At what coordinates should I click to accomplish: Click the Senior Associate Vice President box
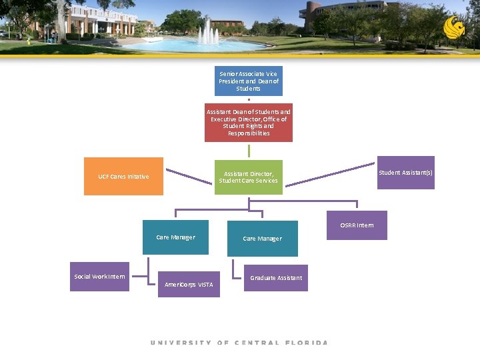point(248,81)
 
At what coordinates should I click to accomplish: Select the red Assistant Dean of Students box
point(248,122)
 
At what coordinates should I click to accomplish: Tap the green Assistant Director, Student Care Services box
point(248,177)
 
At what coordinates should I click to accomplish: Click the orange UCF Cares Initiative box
point(123,176)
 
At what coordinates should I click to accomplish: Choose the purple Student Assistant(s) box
point(405,173)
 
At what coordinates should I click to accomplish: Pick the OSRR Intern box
point(357,225)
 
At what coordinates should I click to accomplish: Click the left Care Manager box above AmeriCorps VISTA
point(175,237)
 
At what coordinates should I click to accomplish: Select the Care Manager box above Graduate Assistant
point(262,239)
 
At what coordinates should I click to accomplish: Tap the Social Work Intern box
point(99,276)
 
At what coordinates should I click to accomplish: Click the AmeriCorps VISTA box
point(189,284)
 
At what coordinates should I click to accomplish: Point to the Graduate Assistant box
point(275,278)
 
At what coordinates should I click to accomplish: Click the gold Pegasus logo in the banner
point(454,28)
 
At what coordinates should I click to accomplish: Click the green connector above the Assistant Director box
point(249,151)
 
